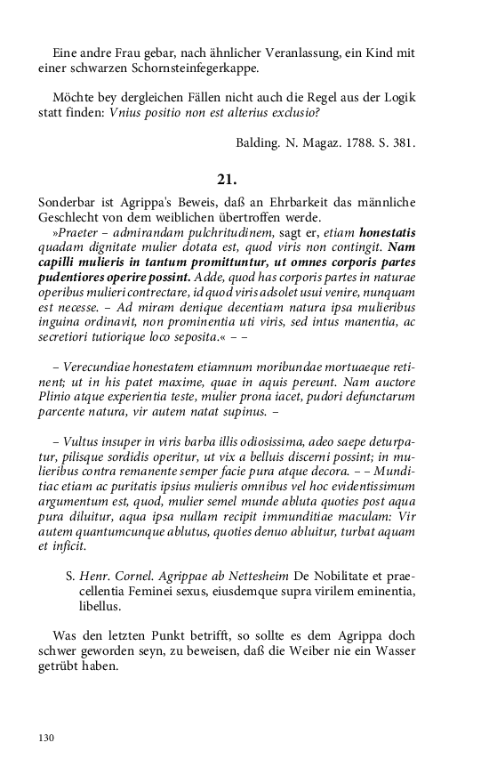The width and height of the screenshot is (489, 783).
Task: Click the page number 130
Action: point(47,738)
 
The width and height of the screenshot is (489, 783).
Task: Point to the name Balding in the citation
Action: point(260,142)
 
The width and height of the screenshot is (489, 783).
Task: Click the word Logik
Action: point(399,97)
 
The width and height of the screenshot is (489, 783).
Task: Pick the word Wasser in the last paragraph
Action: point(395,650)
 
